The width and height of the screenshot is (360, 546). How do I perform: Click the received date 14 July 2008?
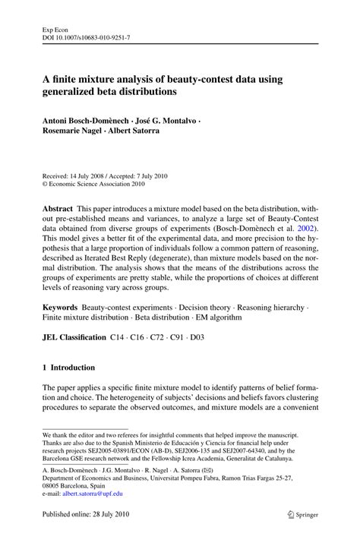[97, 175]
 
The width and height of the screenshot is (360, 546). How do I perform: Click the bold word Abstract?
[57, 207]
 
